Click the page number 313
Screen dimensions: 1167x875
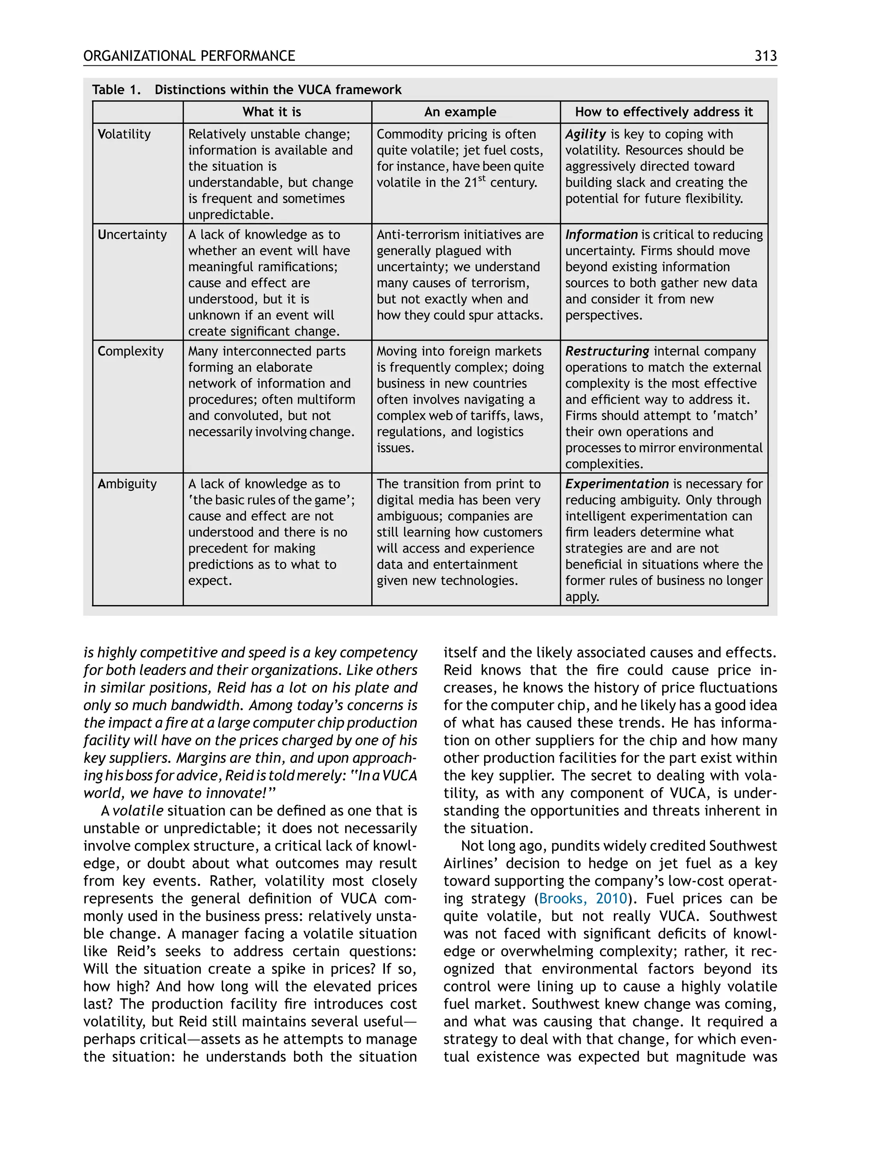click(x=765, y=56)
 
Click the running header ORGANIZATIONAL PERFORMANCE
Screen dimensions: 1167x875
click(x=189, y=56)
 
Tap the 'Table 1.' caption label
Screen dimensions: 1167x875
click(x=116, y=90)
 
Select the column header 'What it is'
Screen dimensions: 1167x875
click(x=272, y=112)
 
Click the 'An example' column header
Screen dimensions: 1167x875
click(x=460, y=112)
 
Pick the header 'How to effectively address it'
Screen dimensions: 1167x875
click(x=664, y=112)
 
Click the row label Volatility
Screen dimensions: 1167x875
click(x=124, y=134)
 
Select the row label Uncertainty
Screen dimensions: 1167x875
click(x=132, y=234)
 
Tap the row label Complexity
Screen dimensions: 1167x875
click(x=130, y=351)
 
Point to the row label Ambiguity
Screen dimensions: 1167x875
click(x=127, y=484)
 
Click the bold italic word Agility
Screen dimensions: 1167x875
click(x=585, y=134)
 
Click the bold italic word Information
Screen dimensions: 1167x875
click(x=601, y=234)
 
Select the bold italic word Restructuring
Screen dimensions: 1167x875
click(x=607, y=351)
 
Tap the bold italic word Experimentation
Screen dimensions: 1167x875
click(x=617, y=484)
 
